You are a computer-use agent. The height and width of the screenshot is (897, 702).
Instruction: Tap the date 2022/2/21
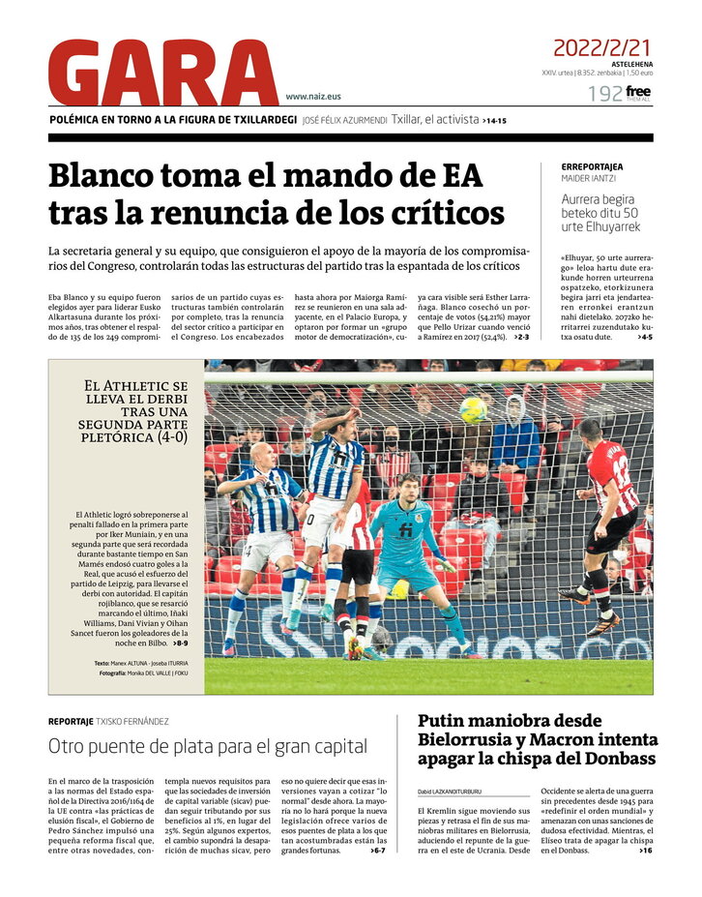(x=601, y=46)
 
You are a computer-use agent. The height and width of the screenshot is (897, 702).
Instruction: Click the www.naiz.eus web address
(x=313, y=97)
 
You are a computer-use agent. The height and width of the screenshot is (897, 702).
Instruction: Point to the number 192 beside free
(x=604, y=94)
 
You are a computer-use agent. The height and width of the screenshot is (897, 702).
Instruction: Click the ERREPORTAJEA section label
(x=592, y=166)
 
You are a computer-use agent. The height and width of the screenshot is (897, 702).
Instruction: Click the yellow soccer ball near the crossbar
(x=473, y=410)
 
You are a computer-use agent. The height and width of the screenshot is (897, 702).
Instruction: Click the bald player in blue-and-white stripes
(x=259, y=513)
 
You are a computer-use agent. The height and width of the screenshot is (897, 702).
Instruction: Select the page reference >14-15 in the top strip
(x=494, y=121)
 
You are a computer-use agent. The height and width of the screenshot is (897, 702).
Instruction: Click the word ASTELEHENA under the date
(x=631, y=63)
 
